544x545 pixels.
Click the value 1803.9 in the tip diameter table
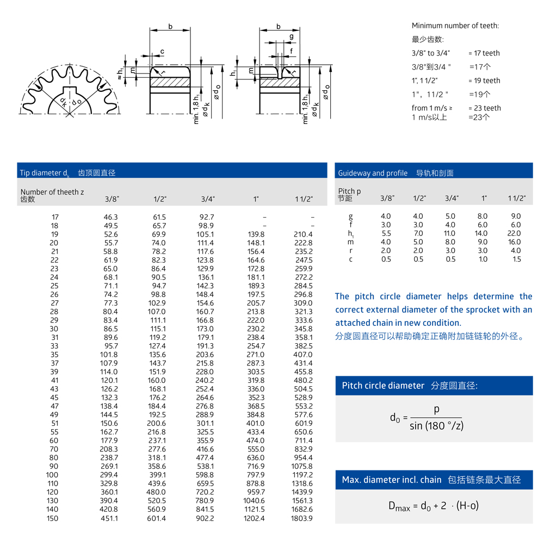pyautogui.click(x=302, y=518)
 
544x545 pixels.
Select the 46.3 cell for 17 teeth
pyautogui.click(x=110, y=216)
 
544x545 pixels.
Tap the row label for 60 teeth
pyautogui.click(x=54, y=441)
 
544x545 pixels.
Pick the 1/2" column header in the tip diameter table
pyautogui.click(x=159, y=199)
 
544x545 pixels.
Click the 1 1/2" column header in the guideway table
pyautogui.click(x=516, y=199)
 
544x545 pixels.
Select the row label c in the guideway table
pyautogui.click(x=351, y=259)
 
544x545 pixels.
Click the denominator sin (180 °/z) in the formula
pyautogui.click(x=436, y=425)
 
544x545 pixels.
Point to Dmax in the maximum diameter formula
pyautogui.click(x=399, y=506)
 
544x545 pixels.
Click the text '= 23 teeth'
pyautogui.click(x=484, y=108)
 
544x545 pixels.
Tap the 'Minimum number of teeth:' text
pyautogui.click(x=455, y=26)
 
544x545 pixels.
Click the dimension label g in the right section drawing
pyautogui.click(x=292, y=37)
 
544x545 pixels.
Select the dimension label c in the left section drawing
pyautogui.click(x=162, y=52)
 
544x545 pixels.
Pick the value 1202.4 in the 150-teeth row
pyautogui.click(x=255, y=518)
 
